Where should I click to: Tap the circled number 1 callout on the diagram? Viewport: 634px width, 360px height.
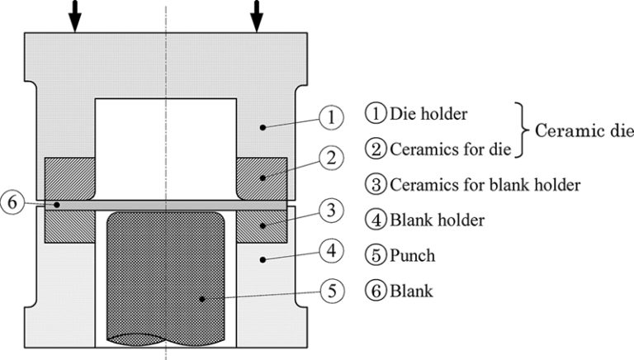pyautogui.click(x=331, y=118)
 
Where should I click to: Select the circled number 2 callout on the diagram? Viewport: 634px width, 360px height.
pyautogui.click(x=331, y=156)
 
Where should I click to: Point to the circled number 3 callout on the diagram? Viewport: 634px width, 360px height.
pyautogui.click(x=331, y=212)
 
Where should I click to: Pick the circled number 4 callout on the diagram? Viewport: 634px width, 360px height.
pyautogui.click(x=331, y=249)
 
